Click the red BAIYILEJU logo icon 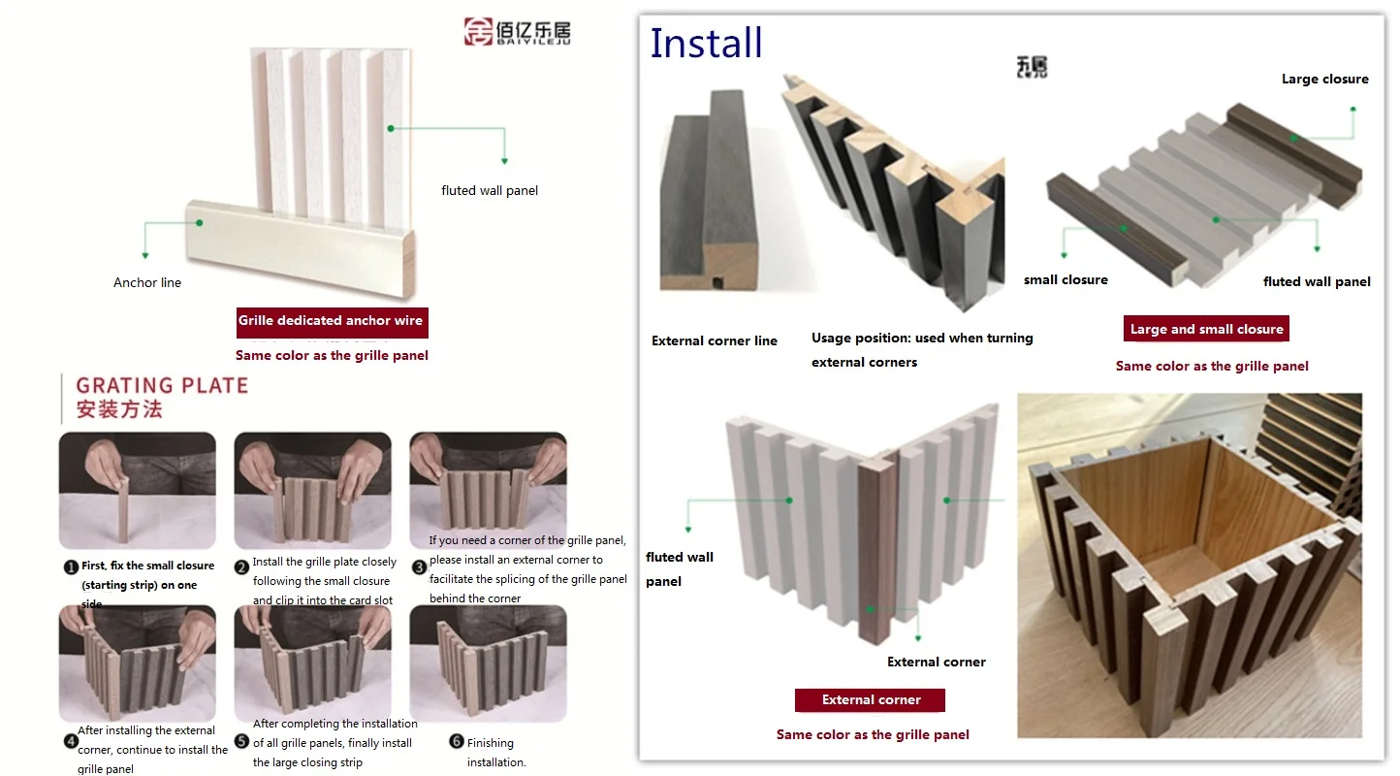[478, 31]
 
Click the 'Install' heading [706, 44]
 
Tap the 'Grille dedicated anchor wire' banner [331, 321]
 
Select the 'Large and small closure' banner [1206, 330]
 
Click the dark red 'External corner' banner [870, 700]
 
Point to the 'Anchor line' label [147, 283]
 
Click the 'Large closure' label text [1324, 80]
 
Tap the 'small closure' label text [1066, 280]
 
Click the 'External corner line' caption [715, 341]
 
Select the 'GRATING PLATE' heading [162, 386]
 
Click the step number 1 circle [71, 567]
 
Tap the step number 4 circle [71, 742]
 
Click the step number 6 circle [457, 742]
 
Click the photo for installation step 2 [312, 491]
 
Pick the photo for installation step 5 [312, 663]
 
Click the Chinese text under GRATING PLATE [119, 410]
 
